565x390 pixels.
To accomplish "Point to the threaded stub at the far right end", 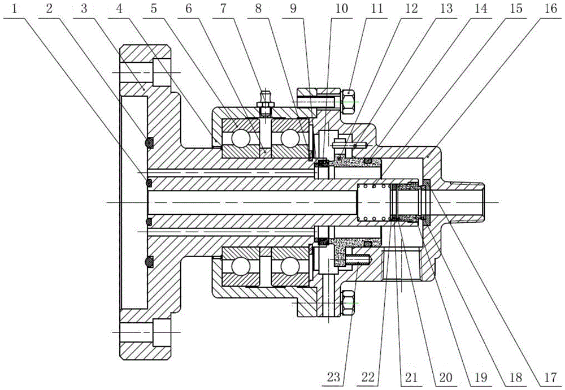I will (466, 202).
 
